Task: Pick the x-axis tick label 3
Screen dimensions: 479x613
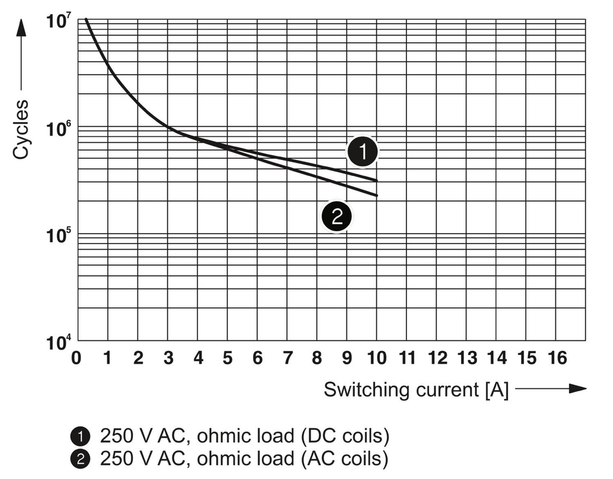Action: [x=168, y=358]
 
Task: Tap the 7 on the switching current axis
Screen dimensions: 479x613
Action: [x=287, y=358]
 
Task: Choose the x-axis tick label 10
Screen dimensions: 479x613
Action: [x=378, y=358]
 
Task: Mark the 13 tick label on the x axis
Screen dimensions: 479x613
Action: [x=467, y=358]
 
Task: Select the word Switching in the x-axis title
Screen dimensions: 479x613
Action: [x=362, y=389]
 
